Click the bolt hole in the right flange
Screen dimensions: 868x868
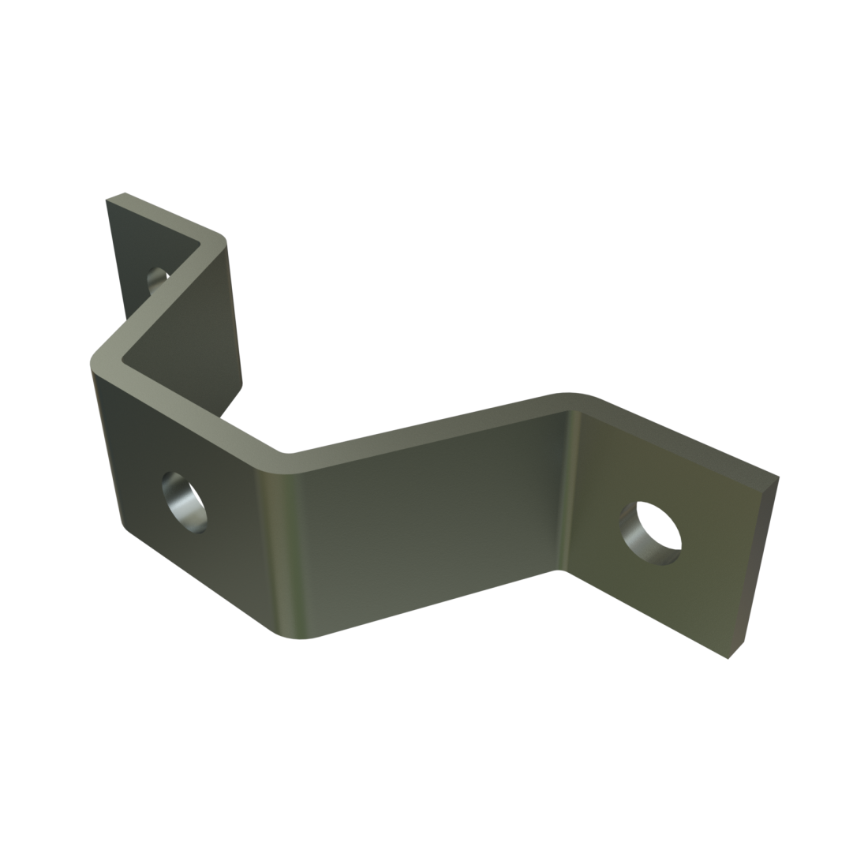tap(651, 531)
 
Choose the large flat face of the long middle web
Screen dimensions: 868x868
tap(426, 521)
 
